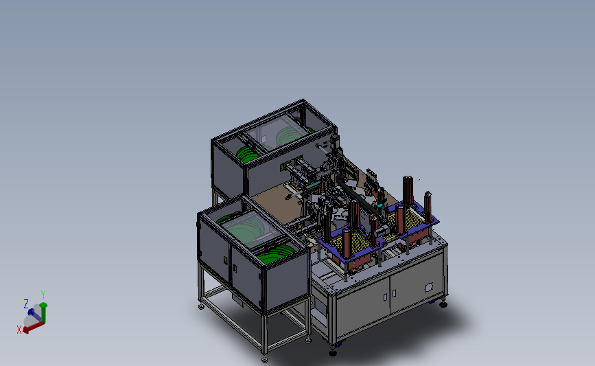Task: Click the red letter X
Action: point(19,330)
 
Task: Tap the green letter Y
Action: point(43,295)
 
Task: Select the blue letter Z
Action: point(26,304)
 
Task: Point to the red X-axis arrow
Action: point(34,327)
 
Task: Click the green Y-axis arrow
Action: point(43,312)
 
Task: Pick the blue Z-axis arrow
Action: point(35,315)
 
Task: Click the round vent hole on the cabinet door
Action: point(429,288)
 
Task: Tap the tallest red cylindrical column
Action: point(408,191)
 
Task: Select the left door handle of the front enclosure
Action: point(225,260)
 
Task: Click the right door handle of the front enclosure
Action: point(235,268)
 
